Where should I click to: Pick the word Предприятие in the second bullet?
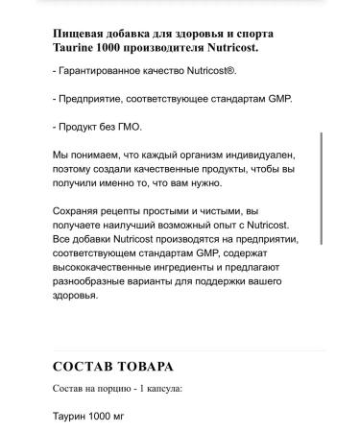click(98, 101)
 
